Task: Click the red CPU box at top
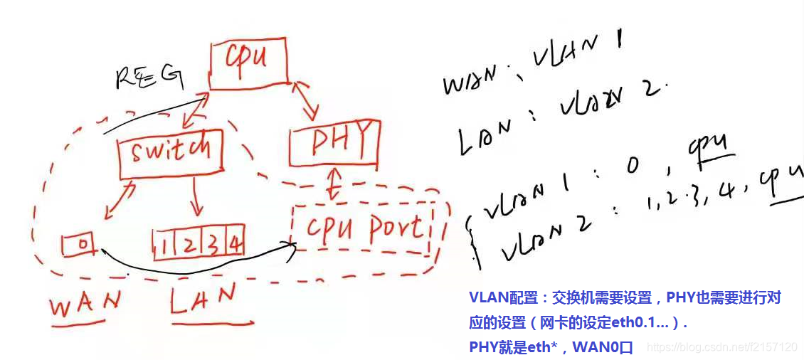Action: coord(248,64)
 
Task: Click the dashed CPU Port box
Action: coord(362,229)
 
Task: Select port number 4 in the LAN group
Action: coord(236,245)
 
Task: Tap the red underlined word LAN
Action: coord(203,300)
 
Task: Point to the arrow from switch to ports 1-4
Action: coord(196,197)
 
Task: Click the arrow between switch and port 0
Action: coord(119,200)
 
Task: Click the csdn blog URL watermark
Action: coord(719,347)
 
